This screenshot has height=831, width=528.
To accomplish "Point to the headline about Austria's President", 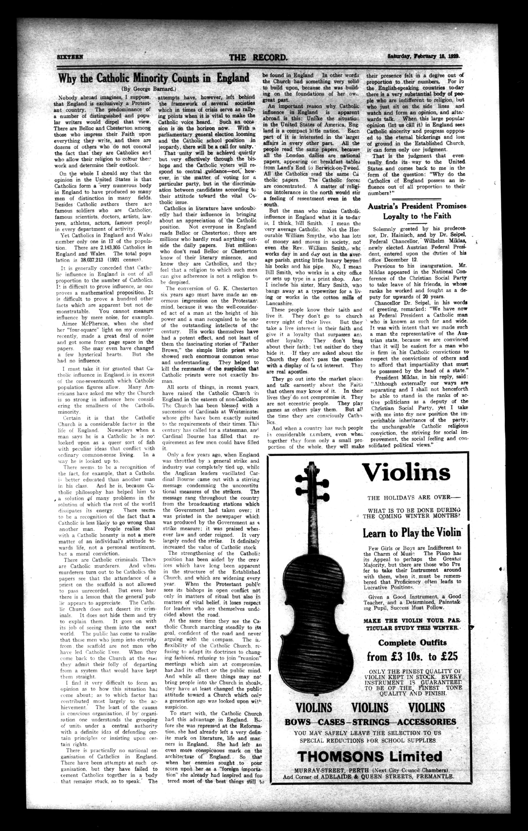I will click(417, 211).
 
